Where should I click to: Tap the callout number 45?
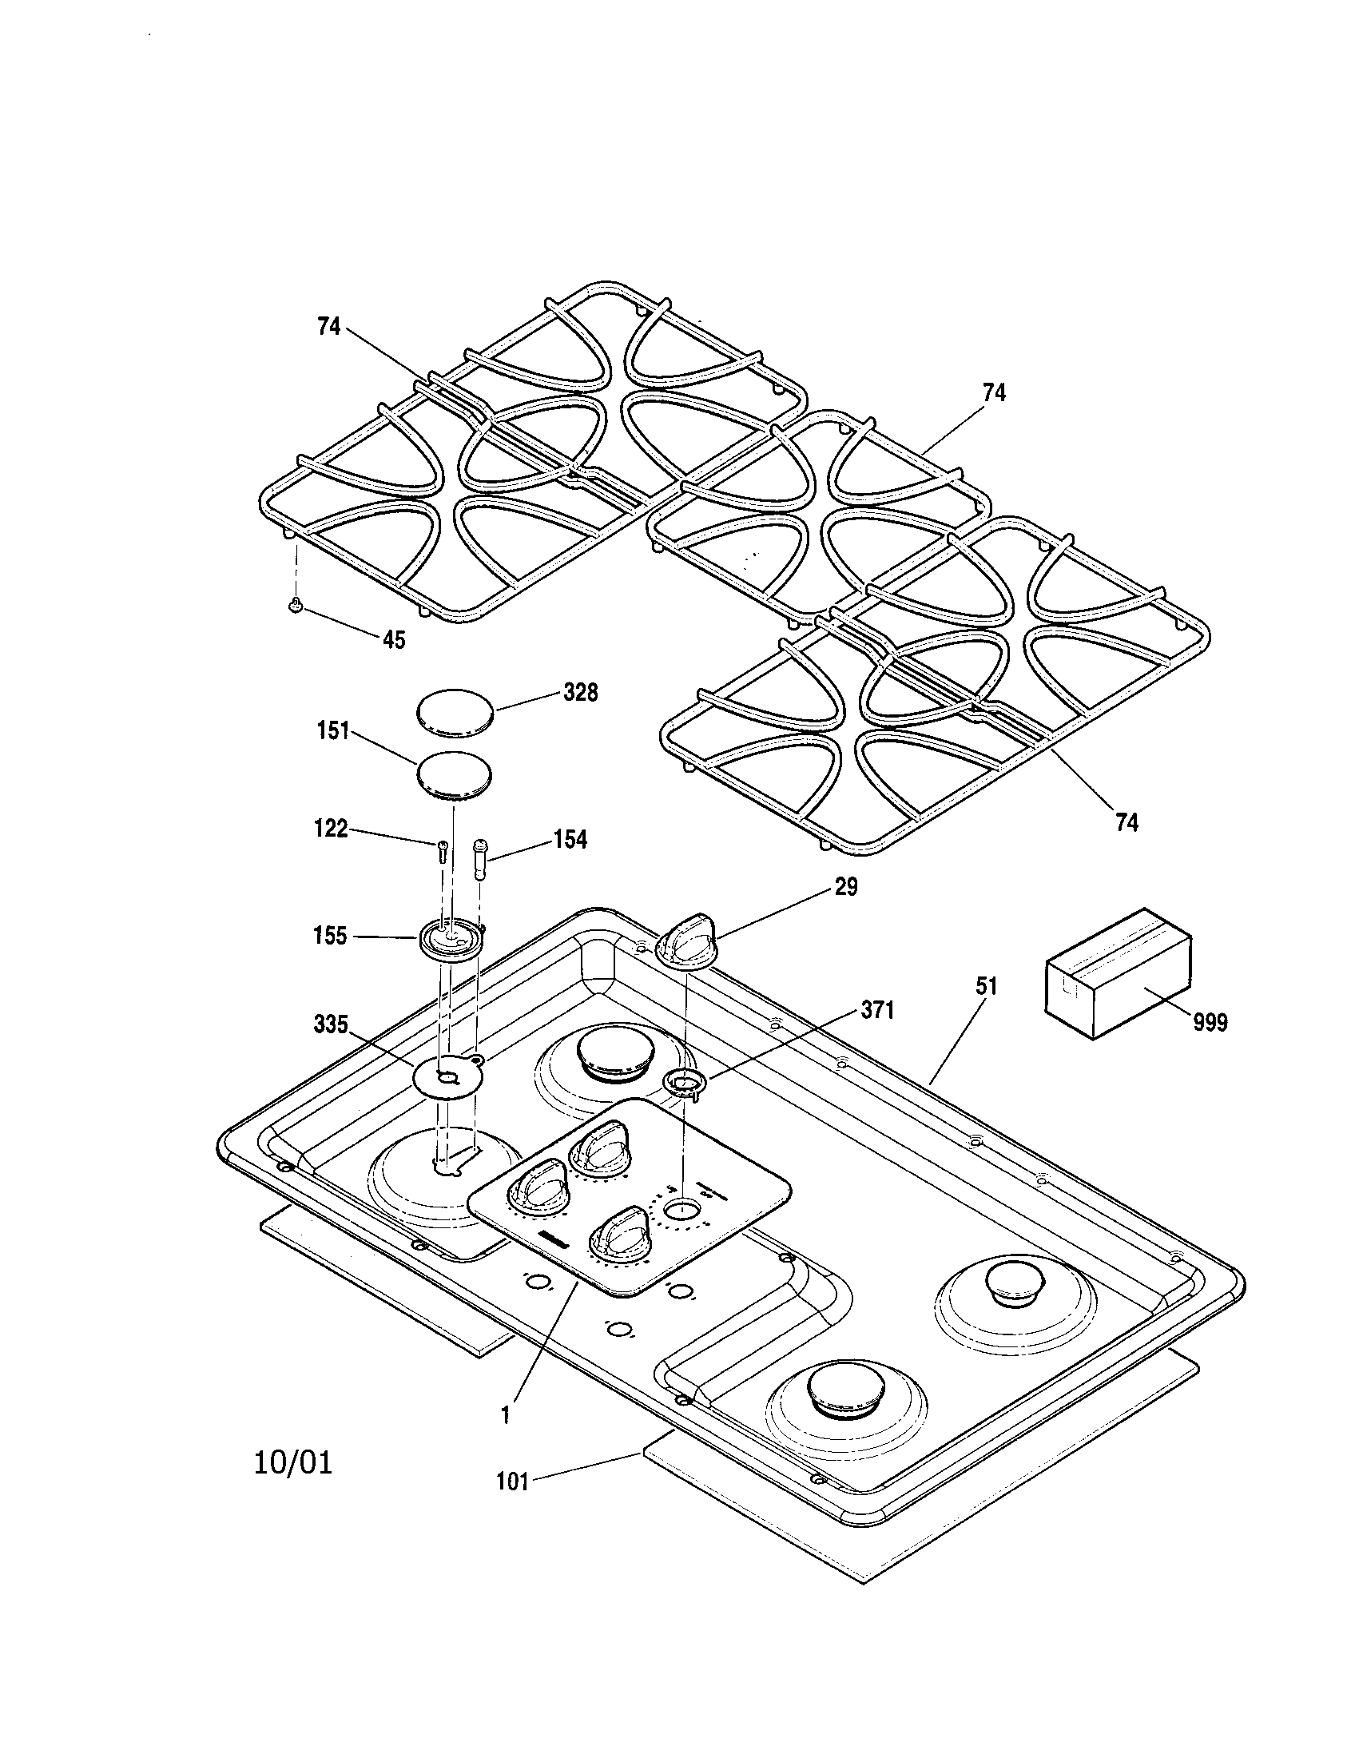[393, 640]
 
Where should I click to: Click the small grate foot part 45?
[296, 605]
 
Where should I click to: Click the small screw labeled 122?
[443, 850]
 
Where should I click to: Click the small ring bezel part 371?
[685, 1084]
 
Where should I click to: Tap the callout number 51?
[987, 986]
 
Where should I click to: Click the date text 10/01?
[293, 1462]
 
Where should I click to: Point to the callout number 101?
[512, 1481]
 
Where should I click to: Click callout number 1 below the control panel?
[505, 1416]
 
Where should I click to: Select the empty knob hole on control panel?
[682, 1230]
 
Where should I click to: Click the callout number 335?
[331, 1024]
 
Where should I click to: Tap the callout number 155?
[331, 937]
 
